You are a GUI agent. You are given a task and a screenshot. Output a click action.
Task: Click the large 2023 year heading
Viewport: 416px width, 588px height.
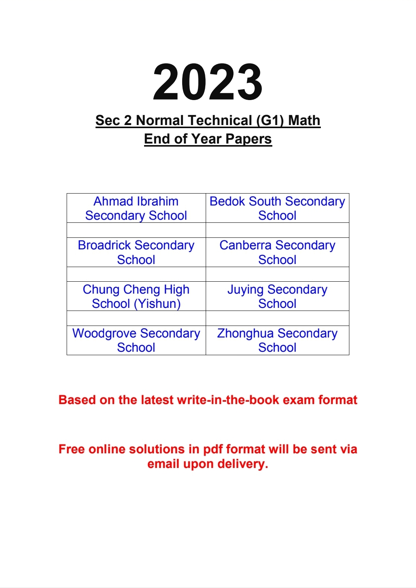(208, 82)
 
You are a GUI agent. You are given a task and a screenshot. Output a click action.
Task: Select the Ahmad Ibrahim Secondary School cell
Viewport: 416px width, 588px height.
(136, 208)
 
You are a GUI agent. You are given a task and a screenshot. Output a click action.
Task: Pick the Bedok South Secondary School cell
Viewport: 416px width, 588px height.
(277, 208)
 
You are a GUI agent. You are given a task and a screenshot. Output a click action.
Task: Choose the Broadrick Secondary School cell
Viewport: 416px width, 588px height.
(136, 252)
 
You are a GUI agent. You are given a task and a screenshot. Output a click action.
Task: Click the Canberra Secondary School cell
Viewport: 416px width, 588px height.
(277, 252)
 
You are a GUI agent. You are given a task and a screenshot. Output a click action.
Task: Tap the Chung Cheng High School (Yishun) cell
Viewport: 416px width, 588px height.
(136, 296)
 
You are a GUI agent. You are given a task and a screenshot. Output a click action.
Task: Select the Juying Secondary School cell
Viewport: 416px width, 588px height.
(277, 296)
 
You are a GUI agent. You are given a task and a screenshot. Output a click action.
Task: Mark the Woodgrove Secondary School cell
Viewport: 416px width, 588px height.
(136, 340)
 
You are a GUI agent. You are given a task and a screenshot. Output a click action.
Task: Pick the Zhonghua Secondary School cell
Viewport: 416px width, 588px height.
(277, 340)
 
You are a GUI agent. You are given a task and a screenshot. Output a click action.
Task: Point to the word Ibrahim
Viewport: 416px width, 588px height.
(158, 201)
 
